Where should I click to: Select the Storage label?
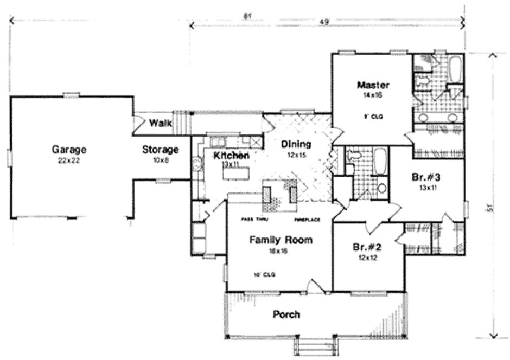tap(161, 149)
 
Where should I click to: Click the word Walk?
tap(161, 123)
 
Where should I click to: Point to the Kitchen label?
tap(231, 156)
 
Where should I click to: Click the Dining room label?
tap(296, 144)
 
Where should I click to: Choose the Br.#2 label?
tap(368, 247)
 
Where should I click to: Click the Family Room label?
tap(280, 240)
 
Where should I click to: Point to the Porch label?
tap(286, 314)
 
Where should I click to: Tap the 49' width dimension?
tap(325, 22)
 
